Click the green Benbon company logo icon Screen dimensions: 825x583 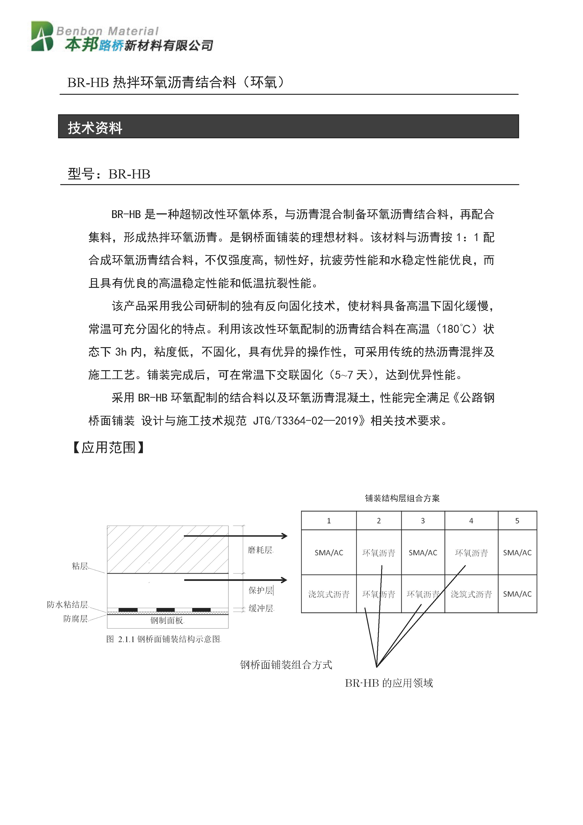point(42,36)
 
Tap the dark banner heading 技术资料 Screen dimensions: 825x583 point(95,128)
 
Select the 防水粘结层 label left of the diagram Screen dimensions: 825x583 point(67,605)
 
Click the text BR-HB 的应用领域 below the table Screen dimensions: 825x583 point(389,683)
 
